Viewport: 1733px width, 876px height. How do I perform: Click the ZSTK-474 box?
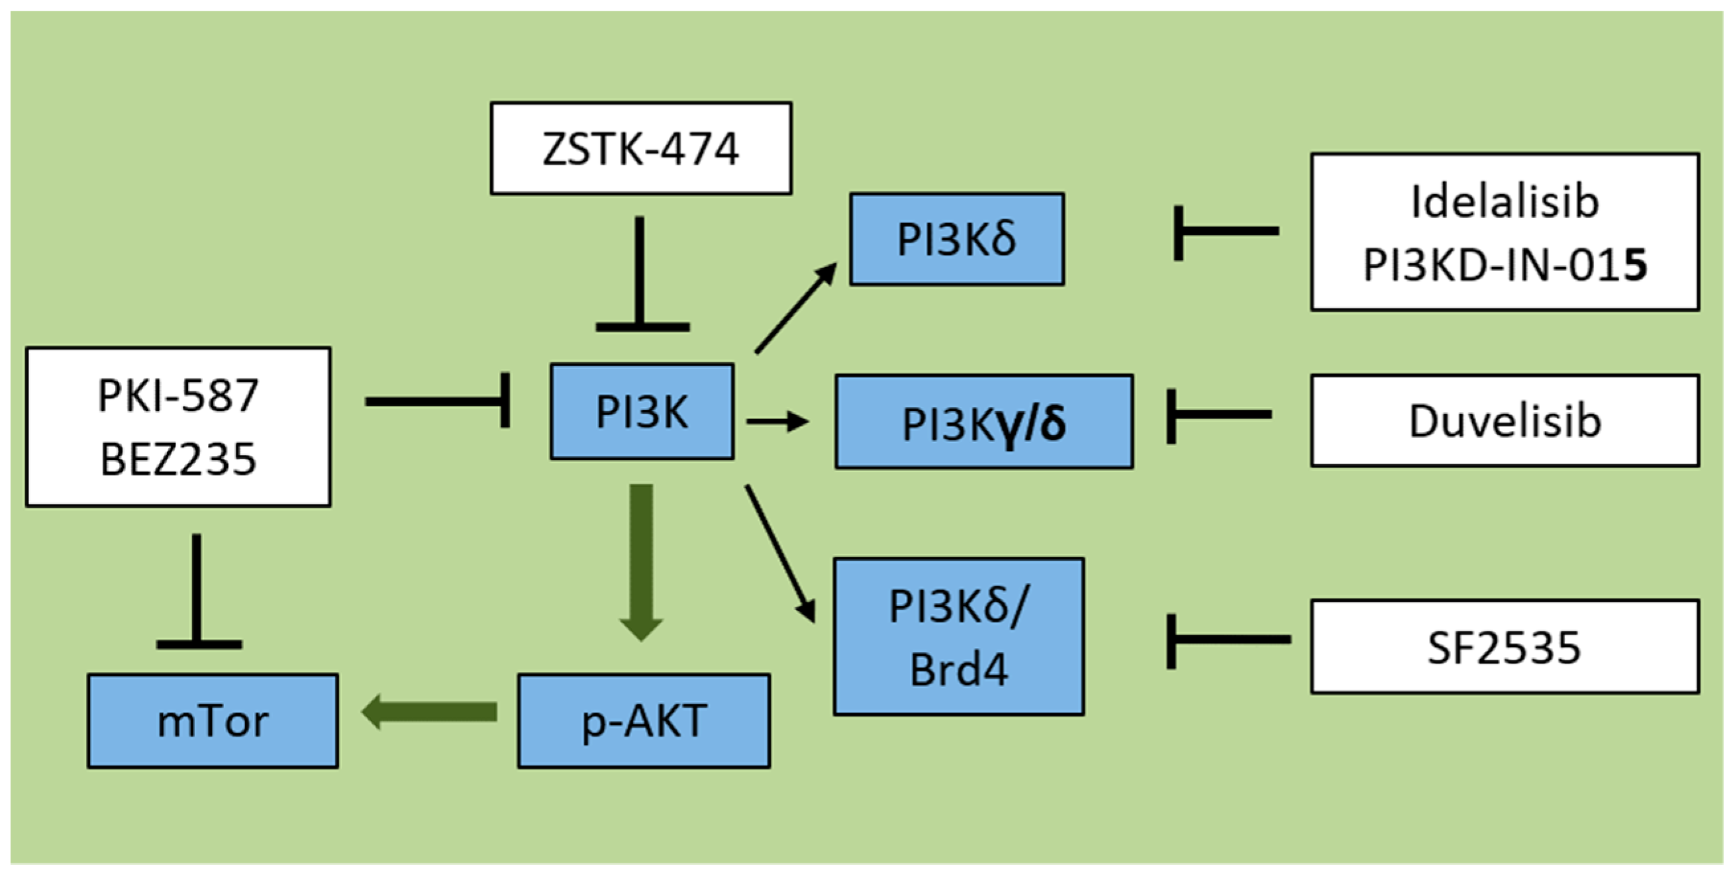point(640,148)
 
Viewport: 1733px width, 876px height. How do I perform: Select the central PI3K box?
point(642,412)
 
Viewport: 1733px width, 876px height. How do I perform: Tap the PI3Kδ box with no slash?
point(956,239)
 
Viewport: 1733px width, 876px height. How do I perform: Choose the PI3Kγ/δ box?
point(983,422)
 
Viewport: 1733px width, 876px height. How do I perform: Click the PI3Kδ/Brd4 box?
point(958,636)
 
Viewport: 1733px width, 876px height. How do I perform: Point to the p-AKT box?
point(643,720)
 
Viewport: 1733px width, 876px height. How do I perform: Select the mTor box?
point(213,720)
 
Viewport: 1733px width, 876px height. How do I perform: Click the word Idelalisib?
point(1505,201)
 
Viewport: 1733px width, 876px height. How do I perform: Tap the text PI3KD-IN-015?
point(1505,264)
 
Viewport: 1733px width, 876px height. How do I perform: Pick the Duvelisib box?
point(1505,420)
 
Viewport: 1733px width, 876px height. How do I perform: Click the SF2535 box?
point(1505,646)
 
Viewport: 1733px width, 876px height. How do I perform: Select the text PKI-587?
point(177,395)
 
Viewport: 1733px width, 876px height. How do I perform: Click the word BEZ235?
point(177,459)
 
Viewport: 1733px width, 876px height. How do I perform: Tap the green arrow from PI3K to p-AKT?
point(641,558)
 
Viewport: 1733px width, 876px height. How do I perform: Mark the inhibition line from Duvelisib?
point(1221,414)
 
